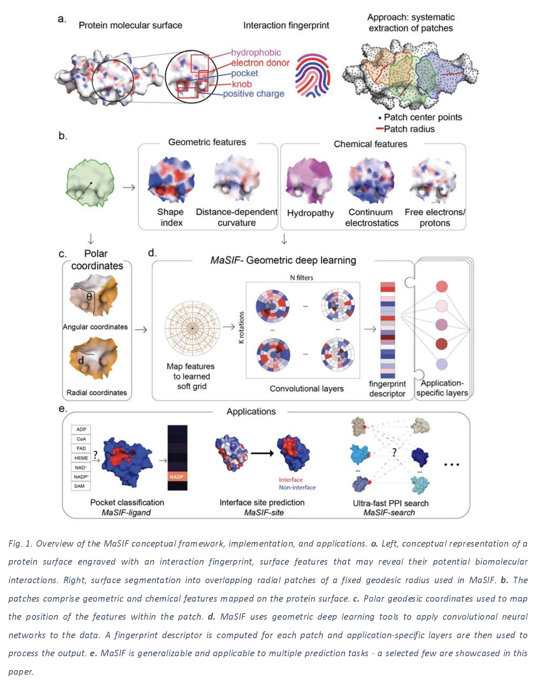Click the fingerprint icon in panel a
tap(313, 75)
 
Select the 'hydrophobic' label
tap(256, 53)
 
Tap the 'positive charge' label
tap(253, 94)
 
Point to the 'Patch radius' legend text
tap(409, 129)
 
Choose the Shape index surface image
tap(171, 181)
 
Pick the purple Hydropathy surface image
tap(309, 181)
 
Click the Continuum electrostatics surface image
tap(371, 181)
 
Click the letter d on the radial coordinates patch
tap(81, 360)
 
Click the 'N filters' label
tap(302, 277)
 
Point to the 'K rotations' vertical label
tap(241, 327)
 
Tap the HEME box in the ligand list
tap(81, 458)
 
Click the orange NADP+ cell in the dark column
tap(177, 477)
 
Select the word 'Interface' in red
tap(290, 480)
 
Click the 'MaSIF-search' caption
tap(389, 512)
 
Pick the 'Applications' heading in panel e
tap(251, 412)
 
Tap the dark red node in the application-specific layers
tap(442, 344)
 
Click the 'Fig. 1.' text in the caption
tap(20, 544)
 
